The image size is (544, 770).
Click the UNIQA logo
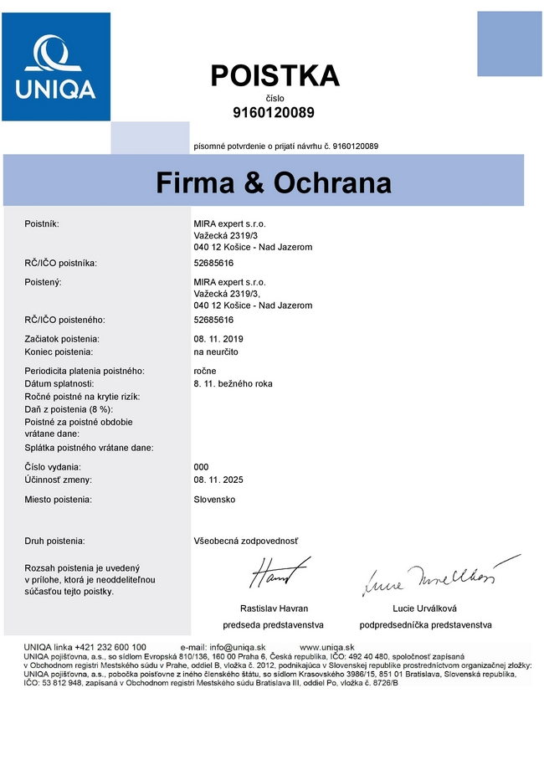[55, 66]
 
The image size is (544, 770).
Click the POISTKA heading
[275, 76]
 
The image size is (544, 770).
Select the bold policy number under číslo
[274, 112]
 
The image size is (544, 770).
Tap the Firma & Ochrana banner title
[273, 183]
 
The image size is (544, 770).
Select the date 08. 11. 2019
[218, 339]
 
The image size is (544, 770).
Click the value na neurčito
[216, 352]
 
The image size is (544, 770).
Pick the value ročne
[204, 370]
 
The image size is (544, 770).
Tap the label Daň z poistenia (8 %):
[69, 408]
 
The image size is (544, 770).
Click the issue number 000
[201, 467]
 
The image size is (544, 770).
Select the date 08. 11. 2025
[218, 480]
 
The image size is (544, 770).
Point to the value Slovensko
[214, 500]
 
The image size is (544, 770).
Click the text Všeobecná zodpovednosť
[245, 542]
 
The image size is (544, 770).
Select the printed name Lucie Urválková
[424, 608]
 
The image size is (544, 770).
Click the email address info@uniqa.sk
[237, 647]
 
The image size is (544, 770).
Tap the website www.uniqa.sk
[327, 647]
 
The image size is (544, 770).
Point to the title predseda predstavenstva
[273, 625]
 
